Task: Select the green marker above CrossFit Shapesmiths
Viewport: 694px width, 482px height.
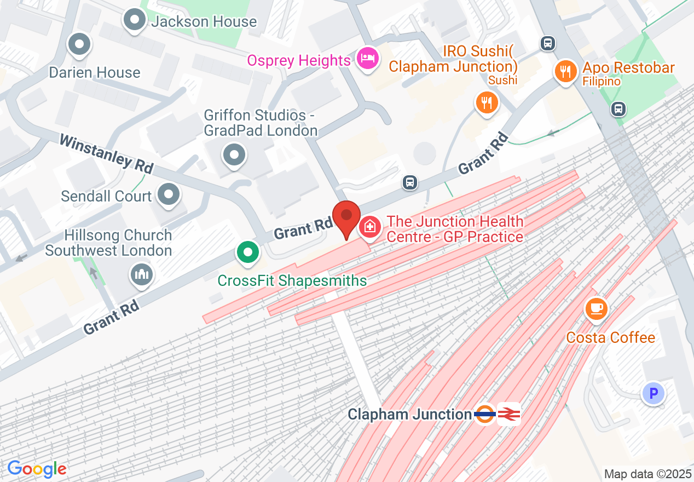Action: (248, 253)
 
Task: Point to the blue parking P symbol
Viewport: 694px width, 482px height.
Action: (653, 393)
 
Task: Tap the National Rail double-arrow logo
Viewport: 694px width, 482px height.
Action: (509, 414)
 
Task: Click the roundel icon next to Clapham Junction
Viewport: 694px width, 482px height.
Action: (485, 414)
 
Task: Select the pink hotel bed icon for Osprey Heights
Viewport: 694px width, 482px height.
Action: (367, 58)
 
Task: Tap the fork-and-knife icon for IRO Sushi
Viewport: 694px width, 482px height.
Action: (486, 102)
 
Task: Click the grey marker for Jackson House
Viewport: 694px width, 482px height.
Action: (134, 21)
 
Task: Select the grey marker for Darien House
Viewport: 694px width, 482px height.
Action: (80, 45)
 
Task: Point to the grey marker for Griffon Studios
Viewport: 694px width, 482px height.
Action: (234, 155)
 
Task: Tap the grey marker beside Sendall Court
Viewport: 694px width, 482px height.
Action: (168, 194)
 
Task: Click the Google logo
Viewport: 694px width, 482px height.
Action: (37, 469)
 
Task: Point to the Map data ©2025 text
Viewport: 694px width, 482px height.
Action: (647, 474)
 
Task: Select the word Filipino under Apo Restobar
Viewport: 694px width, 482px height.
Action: (601, 82)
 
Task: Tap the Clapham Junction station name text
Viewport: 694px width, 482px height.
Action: (409, 415)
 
